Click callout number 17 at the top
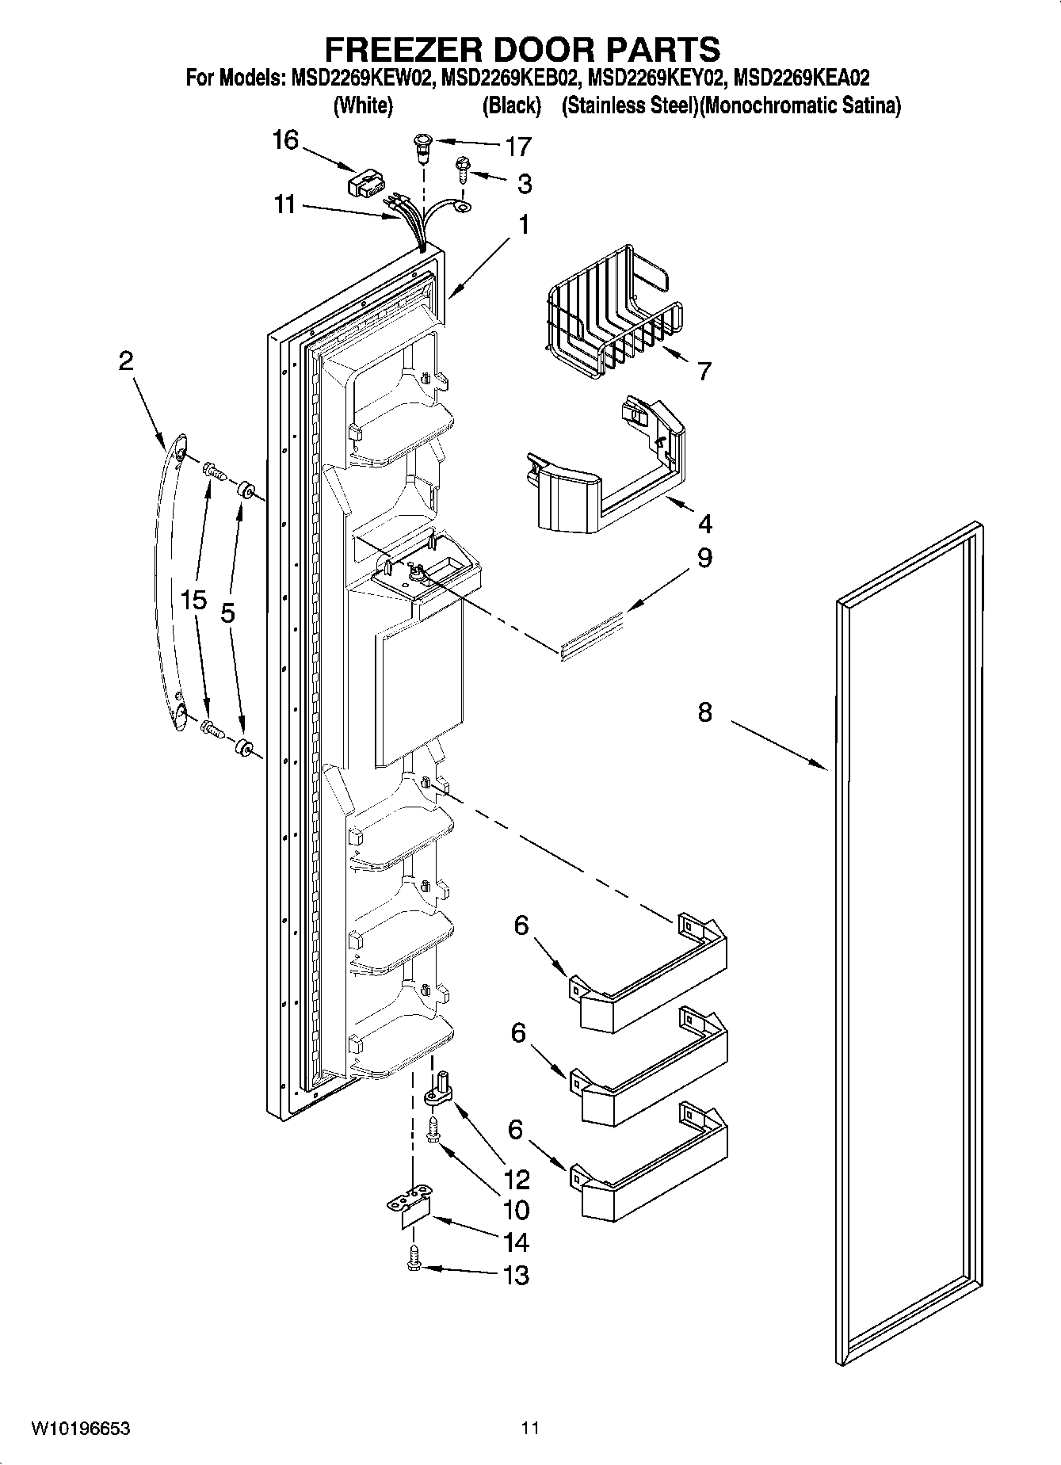tap(518, 147)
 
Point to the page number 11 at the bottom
tap(530, 1429)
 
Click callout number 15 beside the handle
tap(193, 600)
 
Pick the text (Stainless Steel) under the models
tap(630, 105)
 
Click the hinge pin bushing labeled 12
tap(438, 1090)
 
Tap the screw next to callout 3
tap(461, 168)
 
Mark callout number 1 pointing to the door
tap(523, 225)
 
